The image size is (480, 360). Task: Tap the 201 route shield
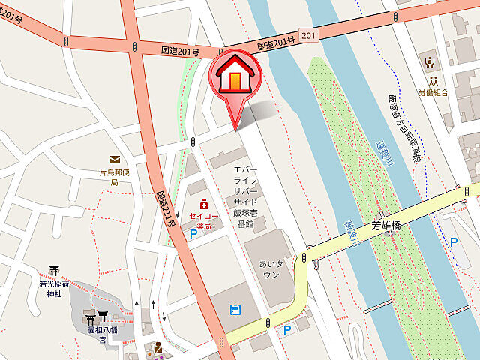click(x=307, y=35)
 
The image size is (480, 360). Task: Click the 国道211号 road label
click(x=166, y=208)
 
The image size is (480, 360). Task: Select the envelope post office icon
click(x=115, y=160)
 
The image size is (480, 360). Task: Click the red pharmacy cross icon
click(x=203, y=204)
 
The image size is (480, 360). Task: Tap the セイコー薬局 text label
click(x=203, y=218)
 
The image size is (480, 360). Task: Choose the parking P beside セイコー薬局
click(x=193, y=234)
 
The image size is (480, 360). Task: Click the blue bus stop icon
click(x=235, y=309)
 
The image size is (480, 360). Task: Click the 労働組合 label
click(x=433, y=93)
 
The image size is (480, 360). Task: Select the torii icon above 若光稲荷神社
click(x=54, y=271)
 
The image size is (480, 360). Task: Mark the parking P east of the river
click(x=453, y=241)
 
